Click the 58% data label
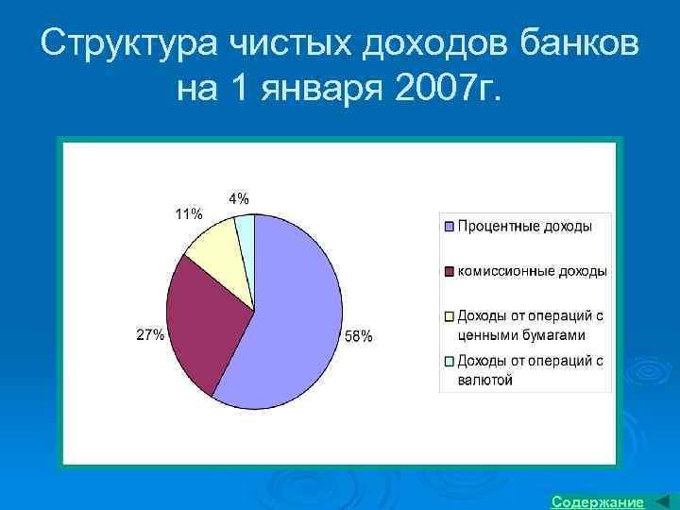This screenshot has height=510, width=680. point(358,336)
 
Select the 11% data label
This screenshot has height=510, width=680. point(188,213)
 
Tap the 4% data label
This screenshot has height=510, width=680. point(239,198)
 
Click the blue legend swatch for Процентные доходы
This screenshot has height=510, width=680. point(450,227)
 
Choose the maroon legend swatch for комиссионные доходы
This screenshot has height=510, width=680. point(450,272)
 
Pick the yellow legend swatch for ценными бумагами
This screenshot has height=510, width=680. point(450,316)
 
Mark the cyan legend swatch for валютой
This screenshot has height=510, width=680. point(450,361)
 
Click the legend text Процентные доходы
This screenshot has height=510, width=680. point(525,227)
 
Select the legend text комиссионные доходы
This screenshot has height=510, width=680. point(532,272)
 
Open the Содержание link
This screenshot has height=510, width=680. point(597,501)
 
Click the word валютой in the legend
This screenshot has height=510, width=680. point(484,380)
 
